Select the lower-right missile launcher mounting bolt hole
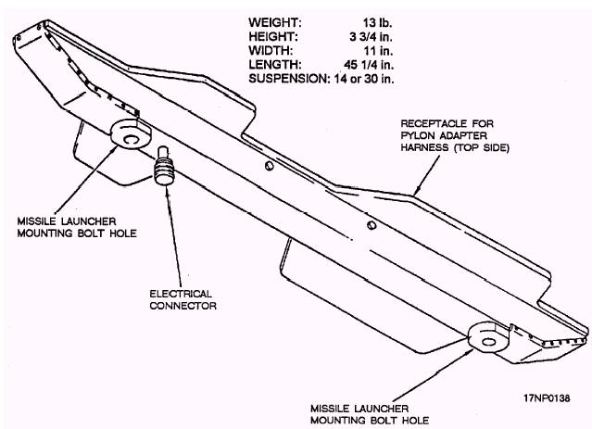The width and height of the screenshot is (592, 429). point(487,337)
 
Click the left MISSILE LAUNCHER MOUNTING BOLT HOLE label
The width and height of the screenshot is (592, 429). point(68,229)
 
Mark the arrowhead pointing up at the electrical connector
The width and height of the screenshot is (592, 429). point(170,193)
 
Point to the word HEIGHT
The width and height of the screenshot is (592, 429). point(271,35)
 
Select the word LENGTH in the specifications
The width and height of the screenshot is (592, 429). point(272,65)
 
